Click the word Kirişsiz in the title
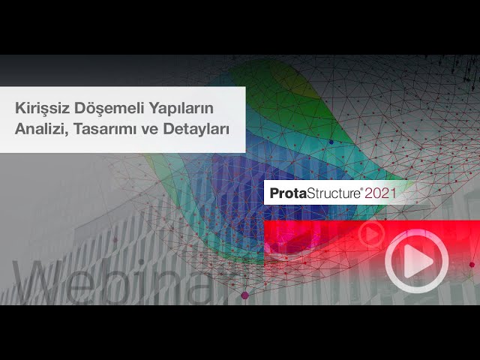(42, 108)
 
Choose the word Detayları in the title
(196, 129)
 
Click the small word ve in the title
(149, 130)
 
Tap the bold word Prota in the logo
(288, 193)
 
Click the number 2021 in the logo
(380, 193)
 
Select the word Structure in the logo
(333, 193)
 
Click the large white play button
(417, 261)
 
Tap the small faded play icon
(372, 234)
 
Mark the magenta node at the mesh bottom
(245, 295)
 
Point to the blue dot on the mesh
(331, 142)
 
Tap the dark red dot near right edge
(472, 265)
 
